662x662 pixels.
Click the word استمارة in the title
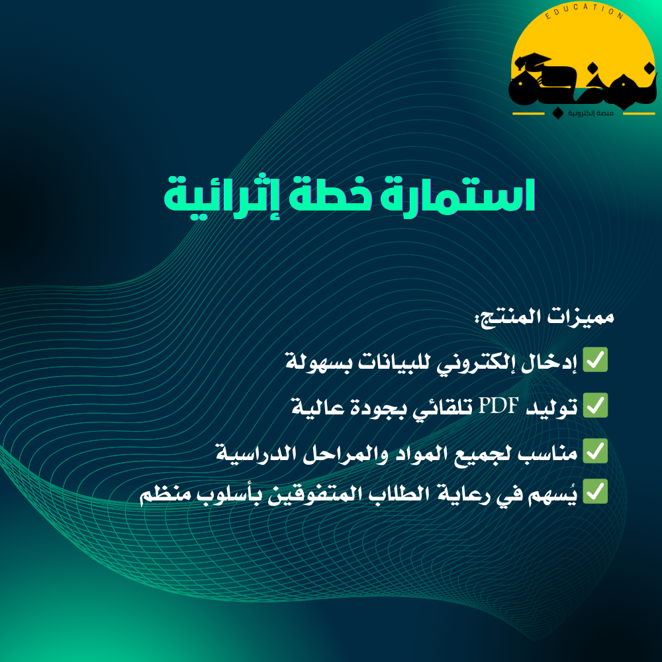click(x=457, y=195)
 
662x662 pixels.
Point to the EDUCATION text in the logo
click(x=584, y=11)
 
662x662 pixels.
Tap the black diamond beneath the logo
click(x=557, y=113)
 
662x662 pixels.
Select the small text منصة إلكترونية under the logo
click(x=591, y=113)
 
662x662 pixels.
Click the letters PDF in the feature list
click(x=498, y=406)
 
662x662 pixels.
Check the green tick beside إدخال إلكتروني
click(x=595, y=359)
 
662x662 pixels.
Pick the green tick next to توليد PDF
click(x=595, y=405)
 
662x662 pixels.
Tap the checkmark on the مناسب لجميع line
click(x=595, y=451)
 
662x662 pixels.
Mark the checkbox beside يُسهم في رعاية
click(x=595, y=491)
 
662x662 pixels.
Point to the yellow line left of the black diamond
click(x=528, y=114)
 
